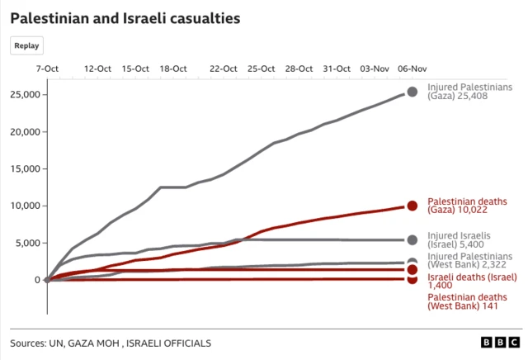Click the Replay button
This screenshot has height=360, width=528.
tap(27, 46)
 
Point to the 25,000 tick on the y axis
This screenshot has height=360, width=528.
tap(22, 95)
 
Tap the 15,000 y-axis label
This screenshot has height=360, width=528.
tap(22, 169)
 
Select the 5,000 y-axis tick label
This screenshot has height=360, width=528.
tap(25, 244)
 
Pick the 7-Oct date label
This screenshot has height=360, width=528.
tap(47, 69)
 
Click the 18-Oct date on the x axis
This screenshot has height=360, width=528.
tap(172, 69)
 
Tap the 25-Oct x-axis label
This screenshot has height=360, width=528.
tap(262, 69)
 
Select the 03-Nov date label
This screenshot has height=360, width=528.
tap(375, 69)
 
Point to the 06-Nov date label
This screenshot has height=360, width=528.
tap(412, 69)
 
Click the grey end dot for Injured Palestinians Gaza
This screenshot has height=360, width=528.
tap(412, 92)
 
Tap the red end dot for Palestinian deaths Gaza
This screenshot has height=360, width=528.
tap(412, 206)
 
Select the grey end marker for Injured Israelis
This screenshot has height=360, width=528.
tap(412, 239)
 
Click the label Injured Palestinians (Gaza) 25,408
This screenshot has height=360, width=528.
tap(469, 92)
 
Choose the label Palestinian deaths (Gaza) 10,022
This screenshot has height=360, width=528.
tap(467, 206)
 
